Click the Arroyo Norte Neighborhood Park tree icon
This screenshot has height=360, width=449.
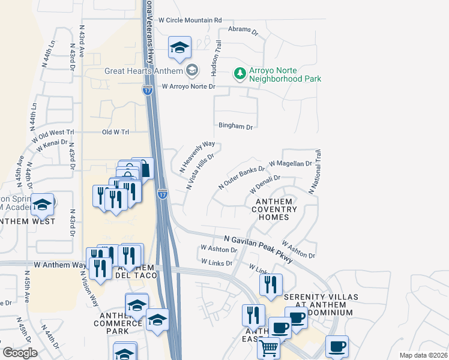(x=240, y=73)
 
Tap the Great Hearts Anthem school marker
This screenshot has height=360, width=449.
(x=191, y=71)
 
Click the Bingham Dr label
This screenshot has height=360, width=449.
(x=235, y=127)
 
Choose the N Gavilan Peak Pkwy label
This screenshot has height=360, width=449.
(x=259, y=248)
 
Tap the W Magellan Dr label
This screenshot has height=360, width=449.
(x=291, y=163)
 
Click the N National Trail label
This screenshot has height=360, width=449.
(x=316, y=172)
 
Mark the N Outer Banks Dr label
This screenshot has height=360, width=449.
(x=241, y=178)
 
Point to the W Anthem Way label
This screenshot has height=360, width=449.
(x=61, y=264)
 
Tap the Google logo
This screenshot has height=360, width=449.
(x=20, y=353)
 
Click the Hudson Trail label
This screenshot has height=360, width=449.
(x=216, y=58)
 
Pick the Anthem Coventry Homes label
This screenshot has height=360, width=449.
(x=274, y=209)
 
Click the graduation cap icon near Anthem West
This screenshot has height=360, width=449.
(x=43, y=205)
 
